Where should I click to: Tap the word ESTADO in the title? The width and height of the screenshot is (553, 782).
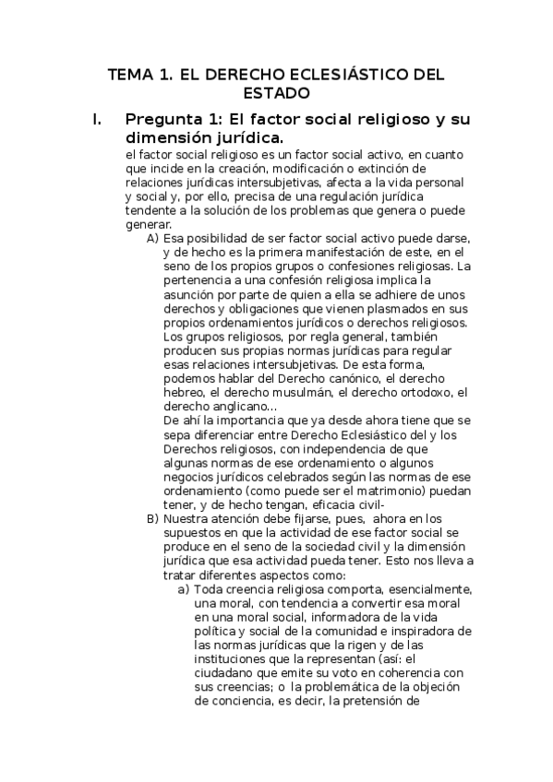click(x=275, y=94)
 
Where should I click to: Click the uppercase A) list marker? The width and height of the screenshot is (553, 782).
click(x=153, y=238)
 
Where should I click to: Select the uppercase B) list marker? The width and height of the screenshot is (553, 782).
click(x=153, y=519)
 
